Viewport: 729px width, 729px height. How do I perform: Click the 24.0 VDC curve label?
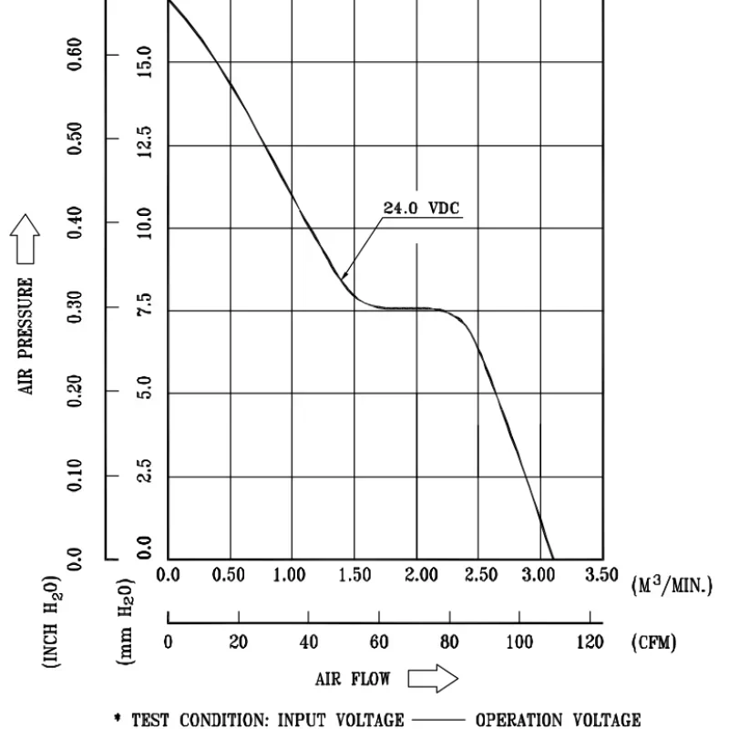421,208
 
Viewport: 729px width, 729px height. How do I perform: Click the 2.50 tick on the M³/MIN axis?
481,575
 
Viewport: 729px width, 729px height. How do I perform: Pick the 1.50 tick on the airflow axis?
355,575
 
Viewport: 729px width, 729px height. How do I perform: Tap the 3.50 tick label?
601,575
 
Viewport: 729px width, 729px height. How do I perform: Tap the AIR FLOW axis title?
353,679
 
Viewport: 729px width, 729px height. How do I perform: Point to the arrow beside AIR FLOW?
432,679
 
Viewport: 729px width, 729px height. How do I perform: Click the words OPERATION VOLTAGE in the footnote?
558,720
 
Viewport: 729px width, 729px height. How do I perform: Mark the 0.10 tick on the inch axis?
77,476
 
